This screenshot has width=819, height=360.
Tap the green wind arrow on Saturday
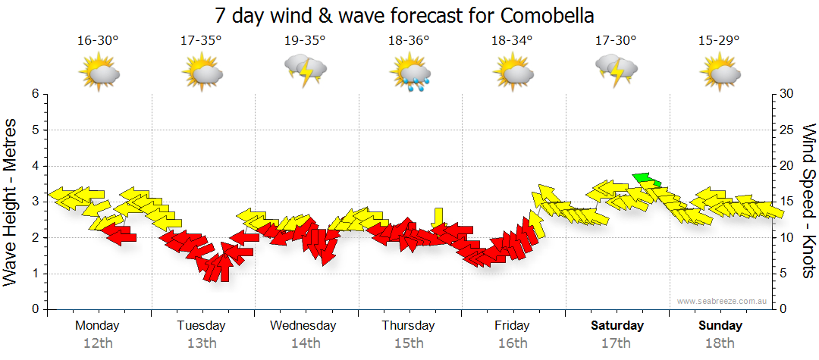pos(647,179)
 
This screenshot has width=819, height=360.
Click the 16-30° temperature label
pos(98,40)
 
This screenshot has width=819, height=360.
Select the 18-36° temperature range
pos(409,40)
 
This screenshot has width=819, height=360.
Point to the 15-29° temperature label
pos(719,40)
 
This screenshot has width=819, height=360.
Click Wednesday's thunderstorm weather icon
pos(305,70)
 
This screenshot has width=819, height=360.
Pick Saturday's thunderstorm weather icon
pos(616,70)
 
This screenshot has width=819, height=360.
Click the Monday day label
pos(97,326)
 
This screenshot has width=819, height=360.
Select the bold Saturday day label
pos(617,326)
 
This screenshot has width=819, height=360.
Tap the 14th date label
pos(305,343)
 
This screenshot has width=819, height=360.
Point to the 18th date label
pos(720,343)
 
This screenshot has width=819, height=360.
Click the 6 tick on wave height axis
pos(34,94)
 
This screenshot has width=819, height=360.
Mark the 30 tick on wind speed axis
pos(786,94)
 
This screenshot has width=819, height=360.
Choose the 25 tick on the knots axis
pos(786,130)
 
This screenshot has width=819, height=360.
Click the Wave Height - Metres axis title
pos(11,202)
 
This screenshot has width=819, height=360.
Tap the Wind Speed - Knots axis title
pos(808,202)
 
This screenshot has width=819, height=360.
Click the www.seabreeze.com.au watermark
pos(723,301)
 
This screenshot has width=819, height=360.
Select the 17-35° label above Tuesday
pos(201,40)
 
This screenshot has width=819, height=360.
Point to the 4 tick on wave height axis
pos(34,166)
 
